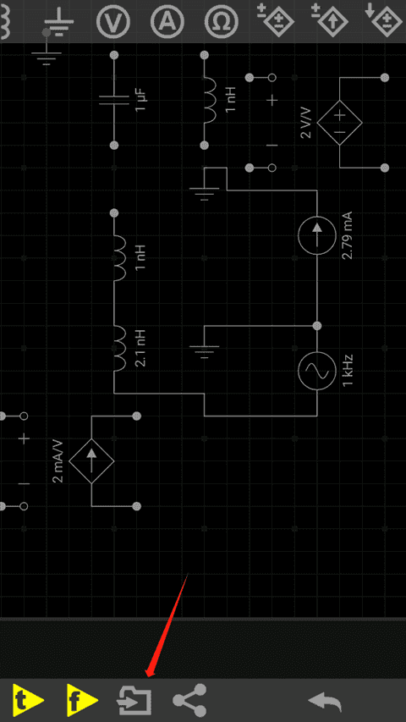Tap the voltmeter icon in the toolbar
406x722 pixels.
[x=113, y=22]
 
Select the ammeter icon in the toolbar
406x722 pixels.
[x=167, y=22]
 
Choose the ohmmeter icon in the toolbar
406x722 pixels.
[x=222, y=22]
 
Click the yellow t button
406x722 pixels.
[x=28, y=700]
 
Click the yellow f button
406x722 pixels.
[x=82, y=700]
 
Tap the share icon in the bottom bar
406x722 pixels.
[x=189, y=700]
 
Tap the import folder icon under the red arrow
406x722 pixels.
[x=134, y=700]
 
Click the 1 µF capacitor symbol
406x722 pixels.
[x=114, y=101]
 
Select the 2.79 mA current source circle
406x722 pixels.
[x=316, y=235]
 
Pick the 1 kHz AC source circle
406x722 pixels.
[x=316, y=371]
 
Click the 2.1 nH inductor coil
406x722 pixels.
[x=118, y=348]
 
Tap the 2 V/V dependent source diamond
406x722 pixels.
[x=339, y=123]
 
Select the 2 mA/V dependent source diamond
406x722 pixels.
[x=91, y=460]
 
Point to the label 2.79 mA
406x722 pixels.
[x=348, y=235]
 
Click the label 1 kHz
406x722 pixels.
[x=348, y=371]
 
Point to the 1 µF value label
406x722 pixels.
[x=140, y=101]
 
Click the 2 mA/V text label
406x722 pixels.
[x=58, y=460]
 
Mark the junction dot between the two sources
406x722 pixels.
[x=316, y=326]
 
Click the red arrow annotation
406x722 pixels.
[x=167, y=625]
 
